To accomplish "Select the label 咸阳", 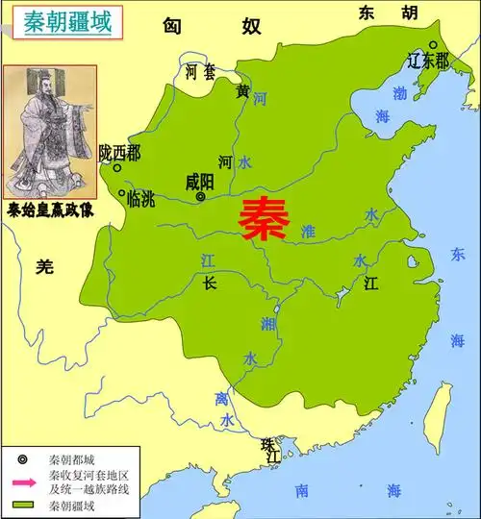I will click(201, 181).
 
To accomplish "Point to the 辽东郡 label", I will click(428, 62).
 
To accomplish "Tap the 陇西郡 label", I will click(119, 153).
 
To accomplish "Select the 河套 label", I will click(200, 71).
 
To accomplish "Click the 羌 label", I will click(43, 268).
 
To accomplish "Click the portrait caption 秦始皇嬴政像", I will click(48, 207).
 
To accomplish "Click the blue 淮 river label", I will click(308, 231).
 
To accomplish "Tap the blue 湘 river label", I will click(267, 325).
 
